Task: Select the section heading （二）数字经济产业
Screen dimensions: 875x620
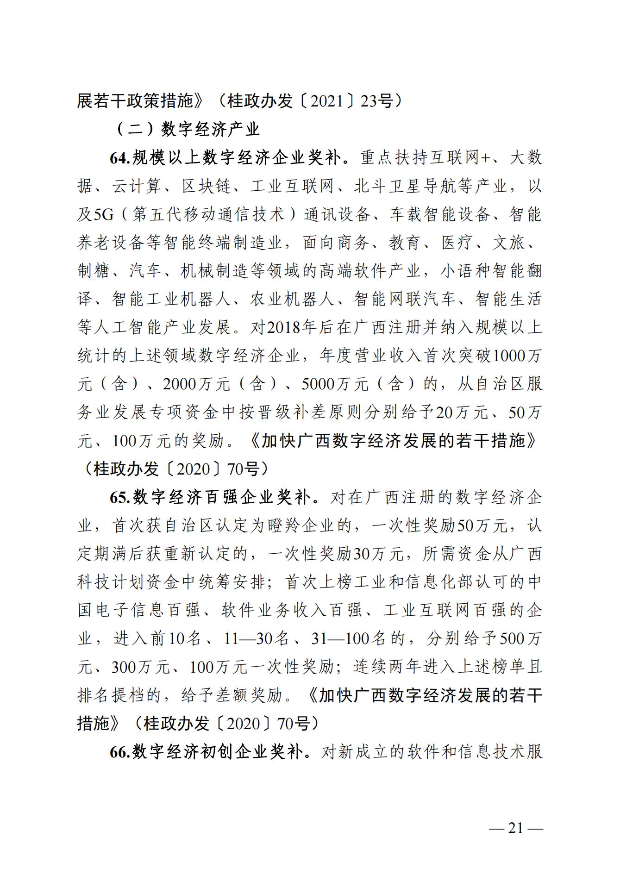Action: tap(187, 130)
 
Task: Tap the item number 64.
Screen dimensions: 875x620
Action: tap(120, 158)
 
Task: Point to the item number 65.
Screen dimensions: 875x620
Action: tap(120, 497)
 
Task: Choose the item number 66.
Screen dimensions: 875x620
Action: tap(120, 752)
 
